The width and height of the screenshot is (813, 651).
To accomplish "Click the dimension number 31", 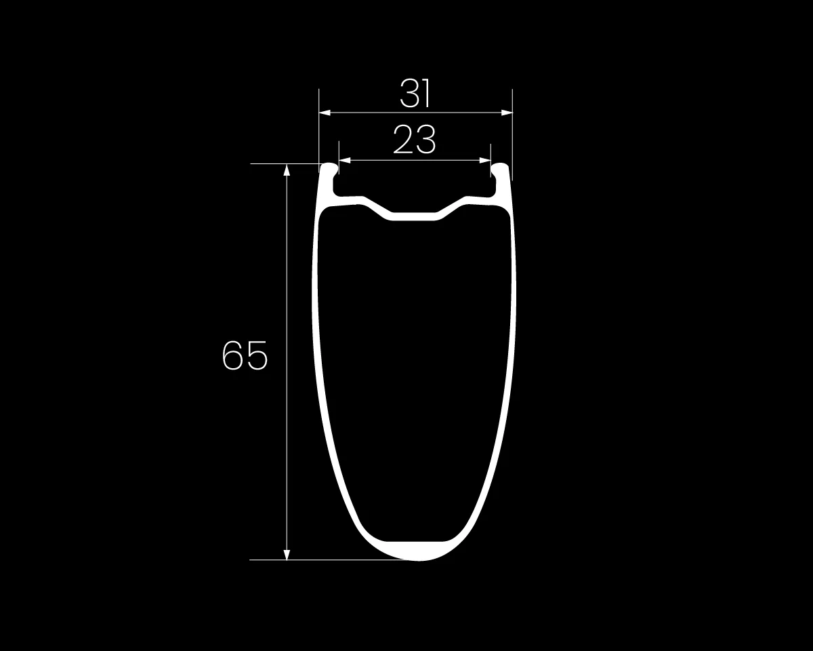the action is click(415, 94).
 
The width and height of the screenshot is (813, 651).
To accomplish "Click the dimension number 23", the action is click(415, 140).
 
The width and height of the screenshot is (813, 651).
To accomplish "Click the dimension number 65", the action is click(245, 355).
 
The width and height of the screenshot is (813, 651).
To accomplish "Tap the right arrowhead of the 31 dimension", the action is click(507, 113).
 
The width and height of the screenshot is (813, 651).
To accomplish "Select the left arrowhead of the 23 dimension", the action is click(345, 161).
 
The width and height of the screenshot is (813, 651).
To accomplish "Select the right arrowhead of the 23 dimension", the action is click(484, 161).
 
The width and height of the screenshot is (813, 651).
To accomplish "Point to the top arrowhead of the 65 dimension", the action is click(287, 170).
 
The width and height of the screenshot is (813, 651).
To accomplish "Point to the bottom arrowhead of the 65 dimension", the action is click(287, 554).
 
